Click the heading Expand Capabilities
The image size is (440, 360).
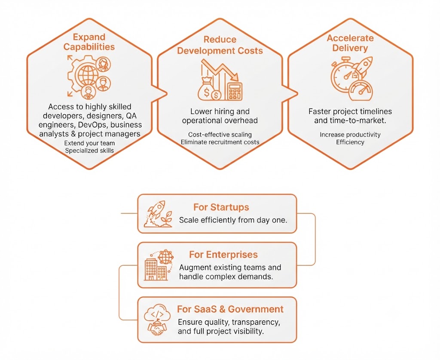pos(89,42)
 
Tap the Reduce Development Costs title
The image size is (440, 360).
pos(220,45)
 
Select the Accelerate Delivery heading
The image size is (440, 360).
pos(350,43)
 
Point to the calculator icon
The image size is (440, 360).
pos(235,91)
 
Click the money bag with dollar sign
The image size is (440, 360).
pos(207,89)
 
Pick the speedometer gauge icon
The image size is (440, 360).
pos(361,91)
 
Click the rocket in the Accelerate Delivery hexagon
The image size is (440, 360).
pos(364,67)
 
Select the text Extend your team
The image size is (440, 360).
pos(89,143)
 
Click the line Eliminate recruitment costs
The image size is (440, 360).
pos(220,142)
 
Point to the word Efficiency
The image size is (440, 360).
pos(350,142)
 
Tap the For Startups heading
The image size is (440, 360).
pos(221,207)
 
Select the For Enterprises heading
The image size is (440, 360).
pos(223,255)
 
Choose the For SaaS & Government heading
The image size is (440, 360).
pos(230,309)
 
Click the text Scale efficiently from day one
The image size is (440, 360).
pos(233,220)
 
